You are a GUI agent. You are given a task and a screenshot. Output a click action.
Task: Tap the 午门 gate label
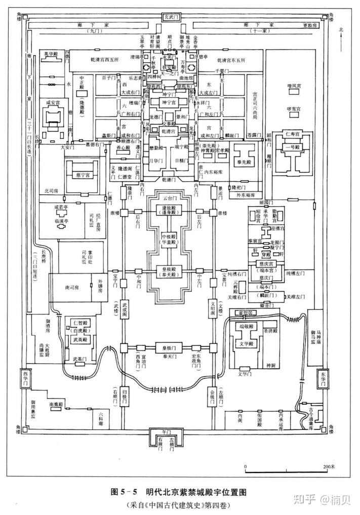(166, 432)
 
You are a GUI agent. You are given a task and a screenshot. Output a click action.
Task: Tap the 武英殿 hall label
(81, 339)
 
